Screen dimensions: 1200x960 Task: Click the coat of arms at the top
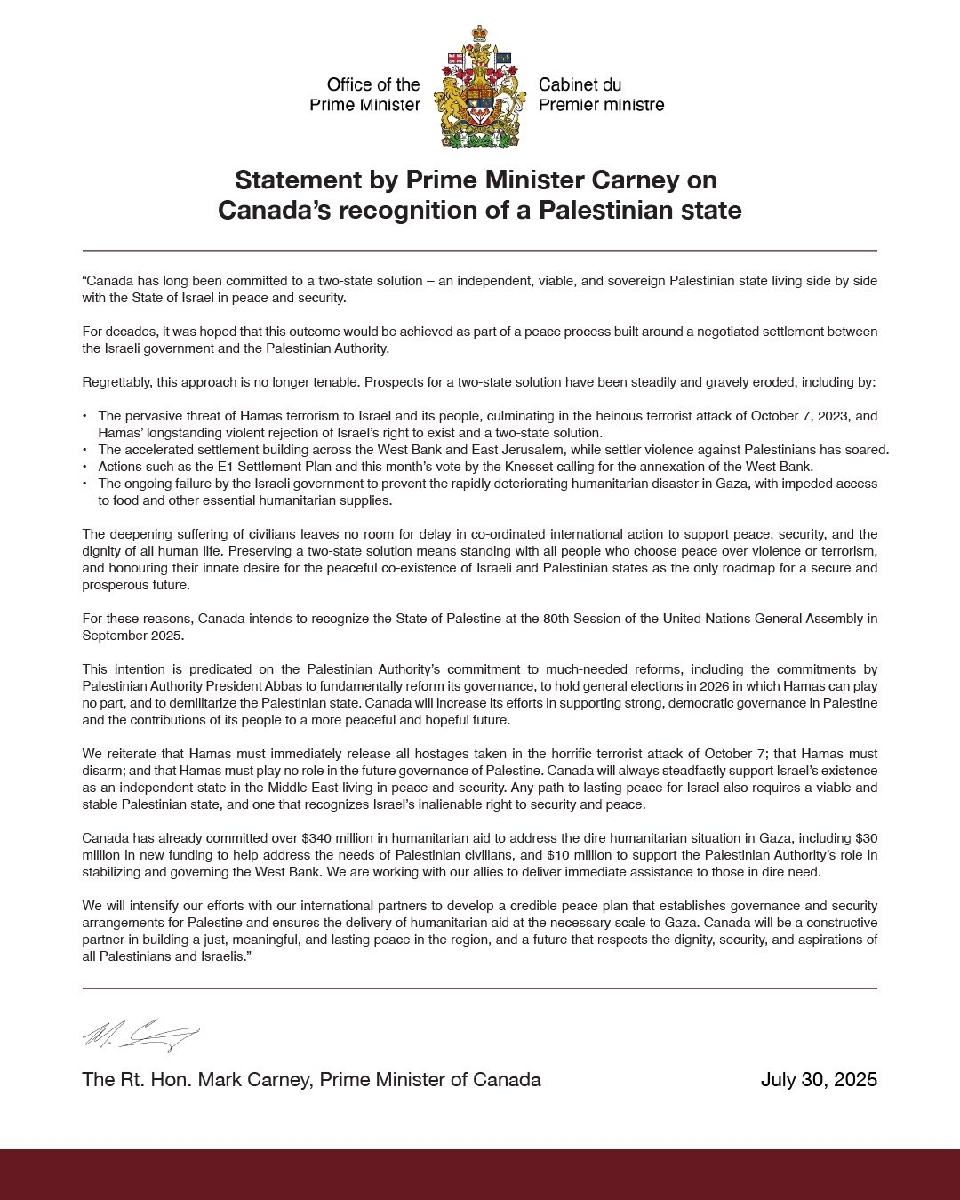(479, 89)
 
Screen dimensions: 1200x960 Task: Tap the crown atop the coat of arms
(480, 36)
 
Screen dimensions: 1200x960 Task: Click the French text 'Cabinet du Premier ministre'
(601, 95)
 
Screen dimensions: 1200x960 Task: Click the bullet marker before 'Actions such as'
(84, 467)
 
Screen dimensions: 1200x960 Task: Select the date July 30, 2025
(819, 1080)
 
